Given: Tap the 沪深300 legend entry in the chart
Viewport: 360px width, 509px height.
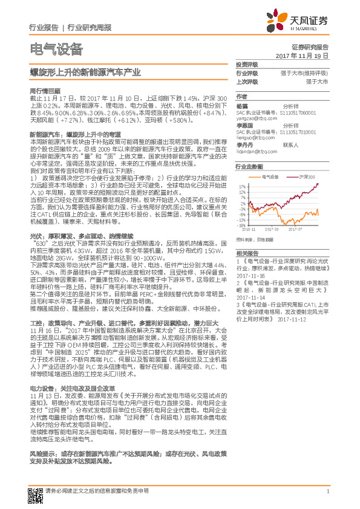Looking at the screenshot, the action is [x=308, y=177].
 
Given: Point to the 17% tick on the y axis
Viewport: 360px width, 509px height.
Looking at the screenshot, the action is [x=241, y=186].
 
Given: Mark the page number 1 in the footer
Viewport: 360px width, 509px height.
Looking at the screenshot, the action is [x=327, y=491].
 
